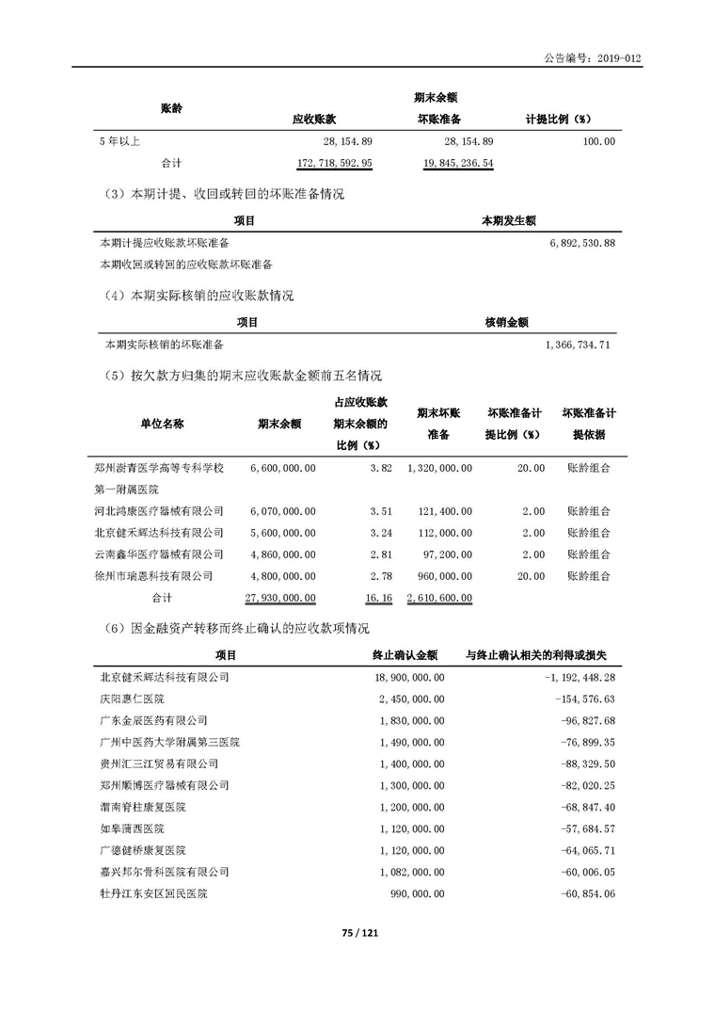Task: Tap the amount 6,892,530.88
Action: [x=580, y=243]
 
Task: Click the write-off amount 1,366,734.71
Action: [x=580, y=345]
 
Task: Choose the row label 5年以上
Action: [x=119, y=141]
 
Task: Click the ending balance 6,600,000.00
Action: [x=283, y=468]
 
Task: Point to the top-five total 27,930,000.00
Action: [x=279, y=598]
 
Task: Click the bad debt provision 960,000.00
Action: [x=439, y=576]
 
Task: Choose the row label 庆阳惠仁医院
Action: [x=132, y=699]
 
